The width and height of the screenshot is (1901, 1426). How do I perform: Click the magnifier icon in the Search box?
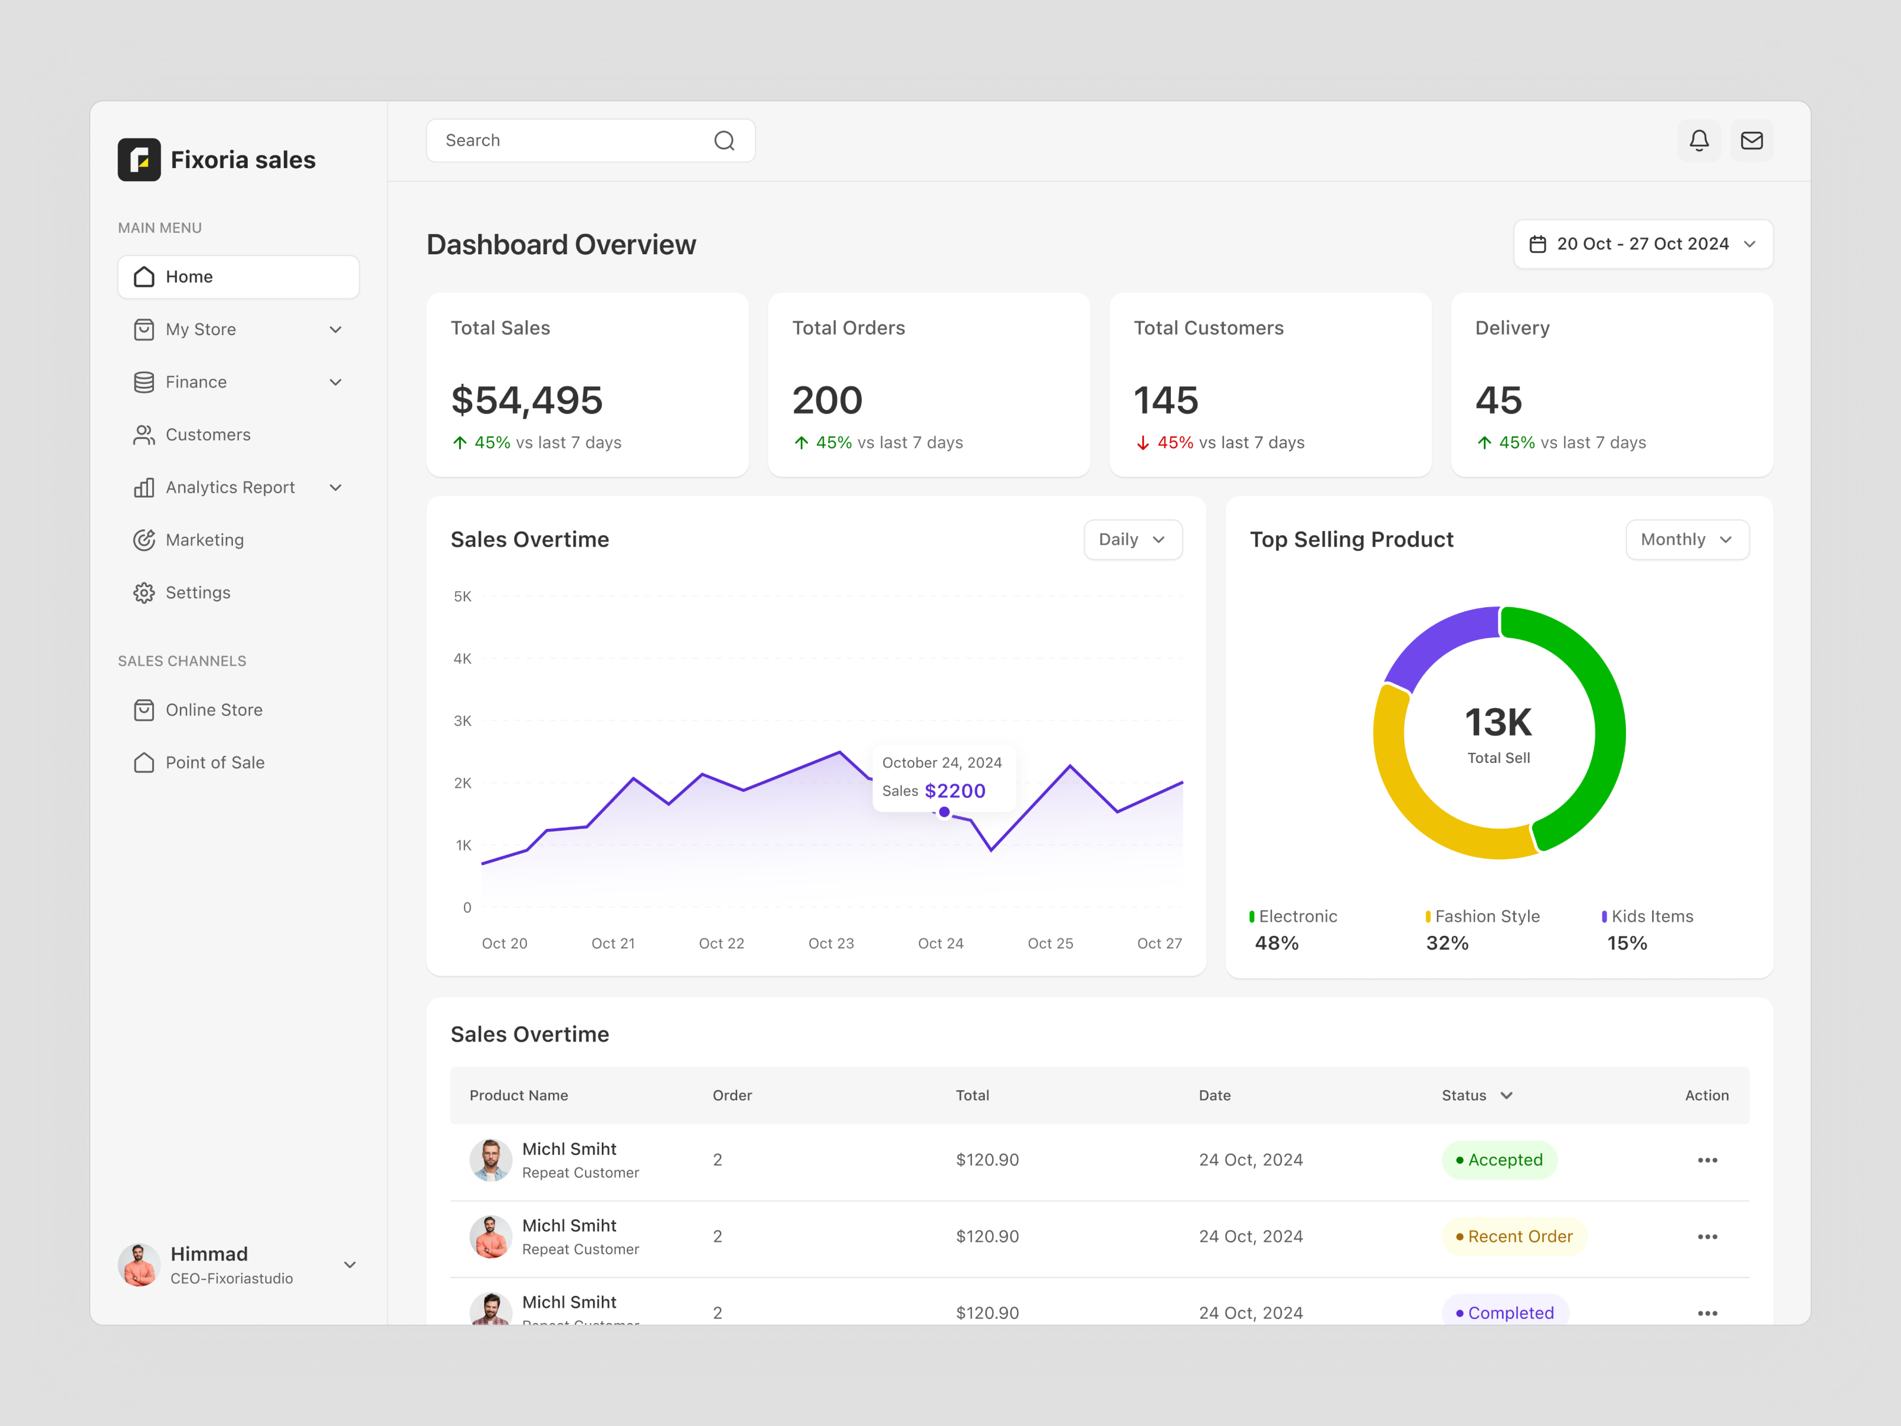724,141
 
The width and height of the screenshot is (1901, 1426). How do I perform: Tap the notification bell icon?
1698,141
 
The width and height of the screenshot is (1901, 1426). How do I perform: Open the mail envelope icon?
1751,141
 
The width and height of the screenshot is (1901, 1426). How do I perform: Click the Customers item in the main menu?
208,435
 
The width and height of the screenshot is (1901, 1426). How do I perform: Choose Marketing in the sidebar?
204,540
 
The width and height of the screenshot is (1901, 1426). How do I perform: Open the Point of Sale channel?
215,762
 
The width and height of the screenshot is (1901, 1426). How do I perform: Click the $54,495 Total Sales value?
527,400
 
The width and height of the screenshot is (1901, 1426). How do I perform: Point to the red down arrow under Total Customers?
1142,443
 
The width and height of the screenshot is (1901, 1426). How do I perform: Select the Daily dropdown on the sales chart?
1132,540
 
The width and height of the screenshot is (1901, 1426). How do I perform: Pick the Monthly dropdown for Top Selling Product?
1686,540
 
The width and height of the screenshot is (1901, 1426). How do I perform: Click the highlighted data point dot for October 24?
943,812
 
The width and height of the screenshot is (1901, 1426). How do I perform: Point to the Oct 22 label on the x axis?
721,944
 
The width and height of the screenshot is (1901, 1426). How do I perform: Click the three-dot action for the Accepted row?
1707,1160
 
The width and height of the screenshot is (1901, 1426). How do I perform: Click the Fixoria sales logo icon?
139,160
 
